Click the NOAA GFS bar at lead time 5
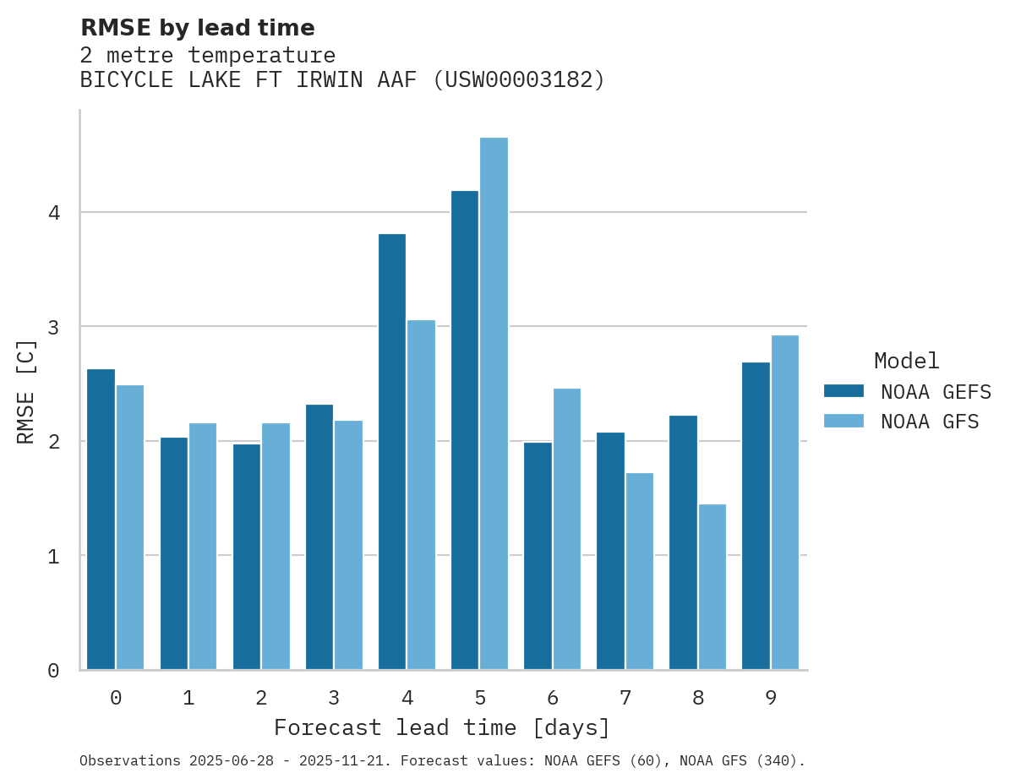(494, 404)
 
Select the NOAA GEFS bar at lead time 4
(392, 452)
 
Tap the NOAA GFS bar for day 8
(712, 587)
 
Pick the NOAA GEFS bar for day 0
(101, 520)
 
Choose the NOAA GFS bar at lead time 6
(566, 529)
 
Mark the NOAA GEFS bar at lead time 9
(756, 516)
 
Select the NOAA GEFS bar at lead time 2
(247, 557)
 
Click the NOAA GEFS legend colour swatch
(843, 391)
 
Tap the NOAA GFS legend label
(930, 422)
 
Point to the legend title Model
(906, 362)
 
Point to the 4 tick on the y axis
(54, 213)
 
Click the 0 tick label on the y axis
(54, 671)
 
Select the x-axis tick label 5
(480, 699)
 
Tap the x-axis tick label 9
(771, 699)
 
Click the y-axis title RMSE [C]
(26, 391)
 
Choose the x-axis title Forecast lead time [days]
(441, 728)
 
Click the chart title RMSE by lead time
(197, 28)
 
